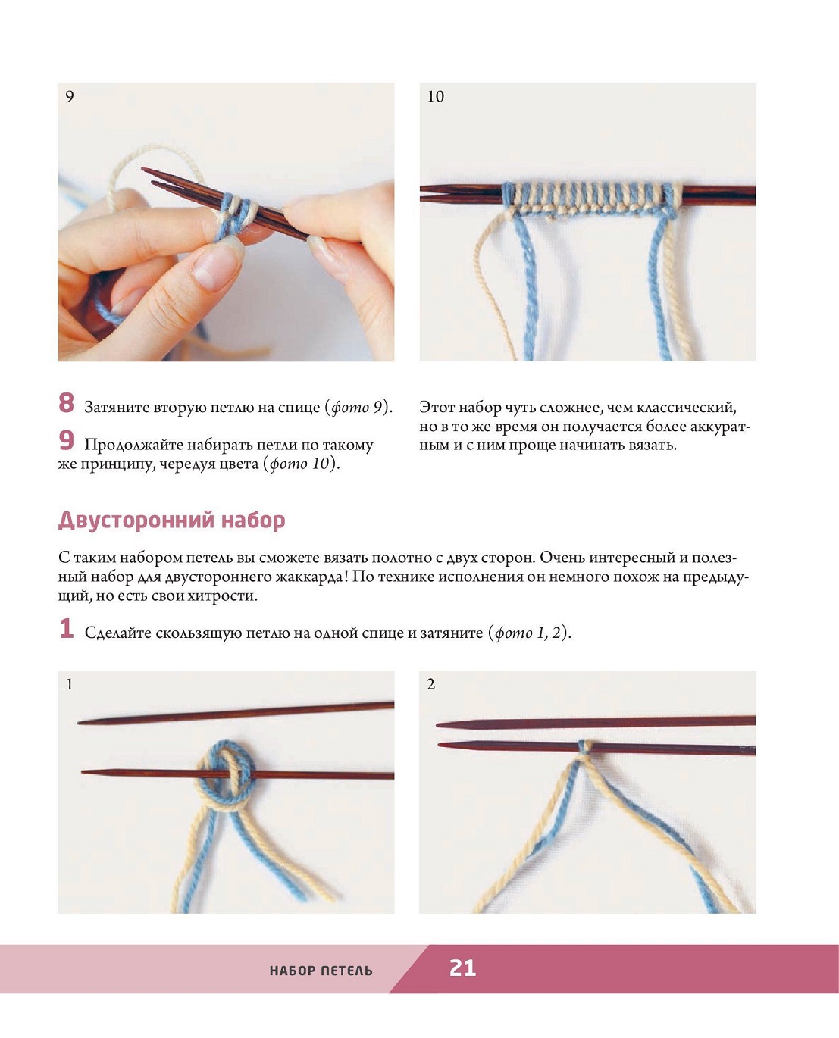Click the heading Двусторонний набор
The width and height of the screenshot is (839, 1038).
(x=171, y=521)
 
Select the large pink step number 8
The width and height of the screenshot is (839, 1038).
(x=66, y=403)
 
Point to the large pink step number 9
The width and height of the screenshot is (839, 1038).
(x=66, y=440)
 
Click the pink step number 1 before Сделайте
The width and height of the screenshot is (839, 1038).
(x=66, y=628)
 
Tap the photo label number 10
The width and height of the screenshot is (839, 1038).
(x=435, y=96)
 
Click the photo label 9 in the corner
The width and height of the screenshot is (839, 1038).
(x=70, y=96)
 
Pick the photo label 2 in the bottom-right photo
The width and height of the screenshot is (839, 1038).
(x=431, y=684)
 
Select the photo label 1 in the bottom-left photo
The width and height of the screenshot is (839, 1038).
(x=70, y=684)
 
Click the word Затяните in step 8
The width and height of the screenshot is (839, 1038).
(x=116, y=408)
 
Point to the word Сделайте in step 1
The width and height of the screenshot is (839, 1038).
(x=117, y=633)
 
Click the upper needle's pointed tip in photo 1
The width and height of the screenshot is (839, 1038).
(x=79, y=723)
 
